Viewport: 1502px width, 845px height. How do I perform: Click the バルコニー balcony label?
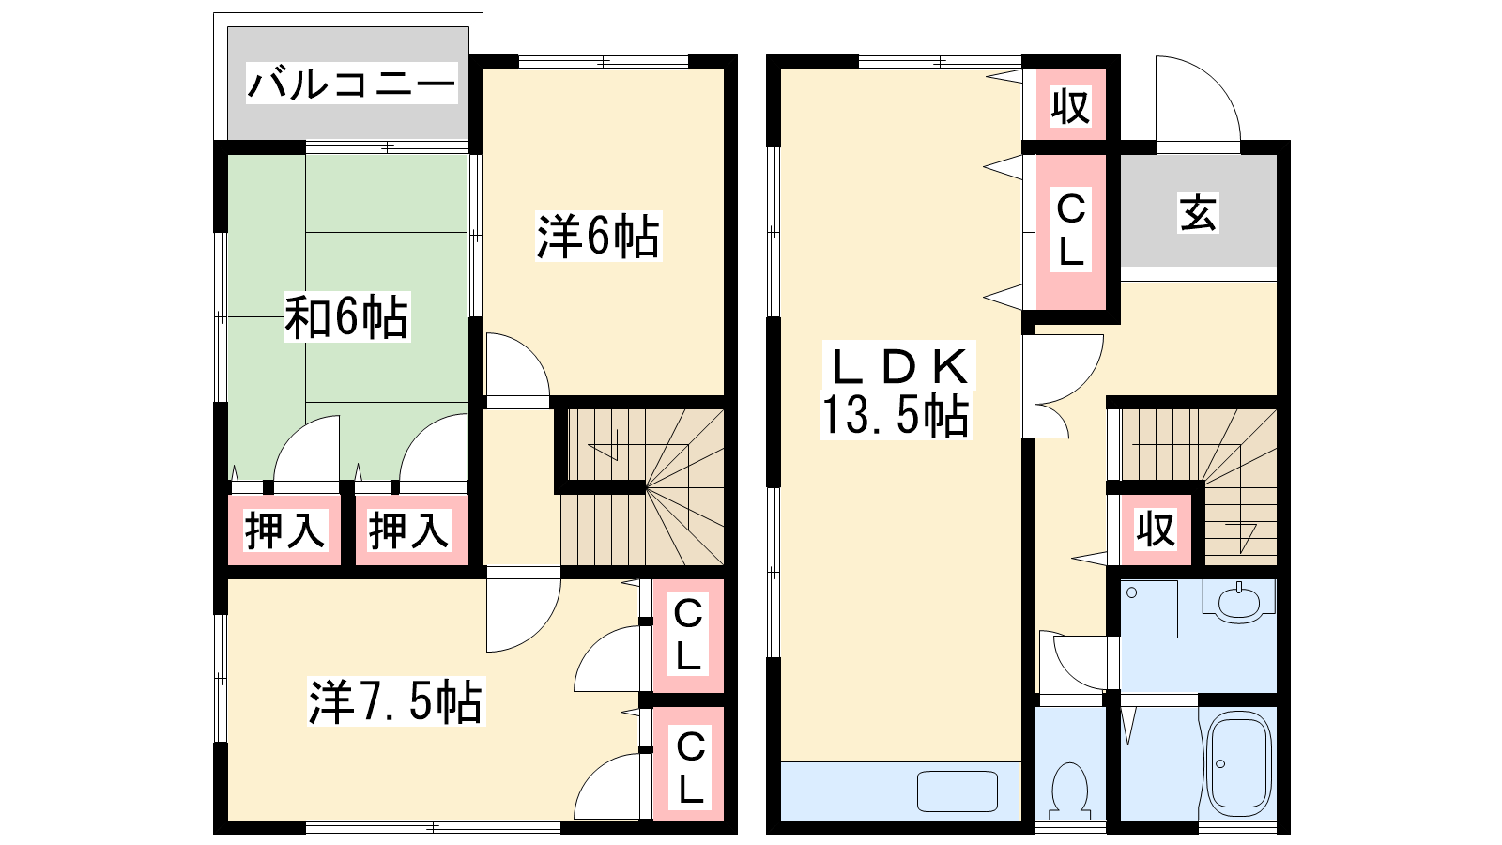click(x=351, y=84)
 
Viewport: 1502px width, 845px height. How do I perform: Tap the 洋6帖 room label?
click(x=597, y=236)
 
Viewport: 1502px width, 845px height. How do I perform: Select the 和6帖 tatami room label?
click(x=346, y=316)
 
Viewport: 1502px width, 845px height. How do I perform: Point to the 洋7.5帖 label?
click(x=395, y=701)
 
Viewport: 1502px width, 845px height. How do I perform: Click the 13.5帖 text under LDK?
click(x=896, y=416)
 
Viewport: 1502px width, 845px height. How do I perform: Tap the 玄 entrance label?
click(x=1198, y=213)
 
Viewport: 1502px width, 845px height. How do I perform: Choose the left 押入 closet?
click(x=284, y=530)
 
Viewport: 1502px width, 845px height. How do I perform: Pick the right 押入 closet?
click(x=411, y=530)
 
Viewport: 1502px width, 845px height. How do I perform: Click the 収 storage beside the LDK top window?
click(x=1070, y=105)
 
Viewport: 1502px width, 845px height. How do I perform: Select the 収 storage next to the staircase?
click(x=1156, y=530)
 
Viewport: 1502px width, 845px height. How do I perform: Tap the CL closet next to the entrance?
click(x=1070, y=232)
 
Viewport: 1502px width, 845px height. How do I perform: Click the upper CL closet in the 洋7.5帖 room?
click(x=688, y=635)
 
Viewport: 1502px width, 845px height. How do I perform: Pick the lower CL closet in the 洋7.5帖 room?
click(x=688, y=763)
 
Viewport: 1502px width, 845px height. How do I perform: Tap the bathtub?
click(x=1238, y=763)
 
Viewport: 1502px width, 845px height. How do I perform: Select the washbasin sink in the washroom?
click(x=1238, y=601)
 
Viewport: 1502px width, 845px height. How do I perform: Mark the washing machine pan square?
click(x=1149, y=609)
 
